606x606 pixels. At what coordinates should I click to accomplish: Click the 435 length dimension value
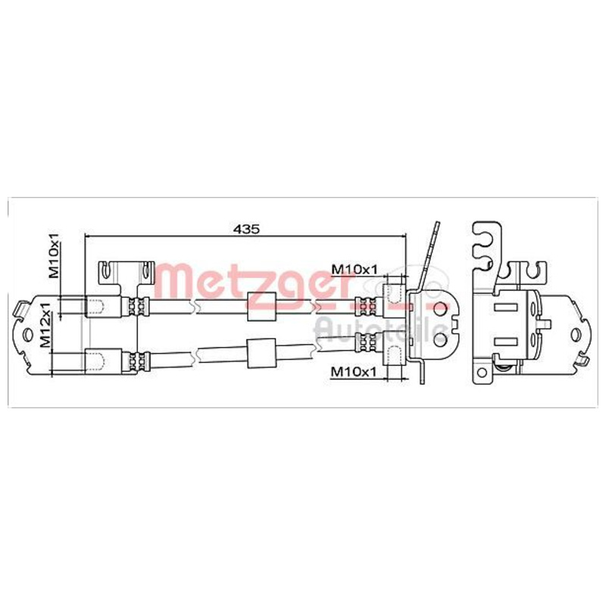tap(246, 229)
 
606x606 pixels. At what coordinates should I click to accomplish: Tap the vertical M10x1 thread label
tap(54, 255)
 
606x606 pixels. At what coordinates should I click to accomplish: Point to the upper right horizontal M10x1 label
tap(355, 269)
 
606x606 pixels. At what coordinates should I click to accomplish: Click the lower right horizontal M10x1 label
tap(354, 372)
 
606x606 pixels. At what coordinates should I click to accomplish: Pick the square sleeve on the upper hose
tap(261, 307)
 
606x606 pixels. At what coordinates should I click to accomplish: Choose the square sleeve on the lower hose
tap(261, 354)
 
